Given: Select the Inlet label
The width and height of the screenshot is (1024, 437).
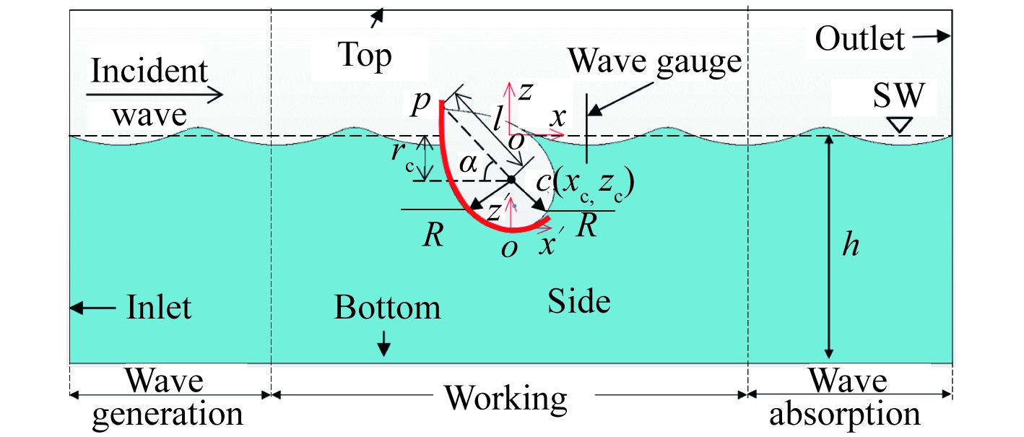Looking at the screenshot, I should click(x=159, y=308).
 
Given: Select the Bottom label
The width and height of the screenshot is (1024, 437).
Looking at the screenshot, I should click(x=387, y=308).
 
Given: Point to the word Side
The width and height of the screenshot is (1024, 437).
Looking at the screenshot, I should click(x=579, y=301).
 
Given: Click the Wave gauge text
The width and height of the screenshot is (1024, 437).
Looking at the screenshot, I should click(x=655, y=62).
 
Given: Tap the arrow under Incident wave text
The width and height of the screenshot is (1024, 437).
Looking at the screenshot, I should click(x=155, y=94).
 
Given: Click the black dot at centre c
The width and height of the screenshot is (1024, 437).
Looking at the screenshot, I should click(x=511, y=179).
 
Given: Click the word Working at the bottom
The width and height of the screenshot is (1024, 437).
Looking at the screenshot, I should click(x=506, y=397).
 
